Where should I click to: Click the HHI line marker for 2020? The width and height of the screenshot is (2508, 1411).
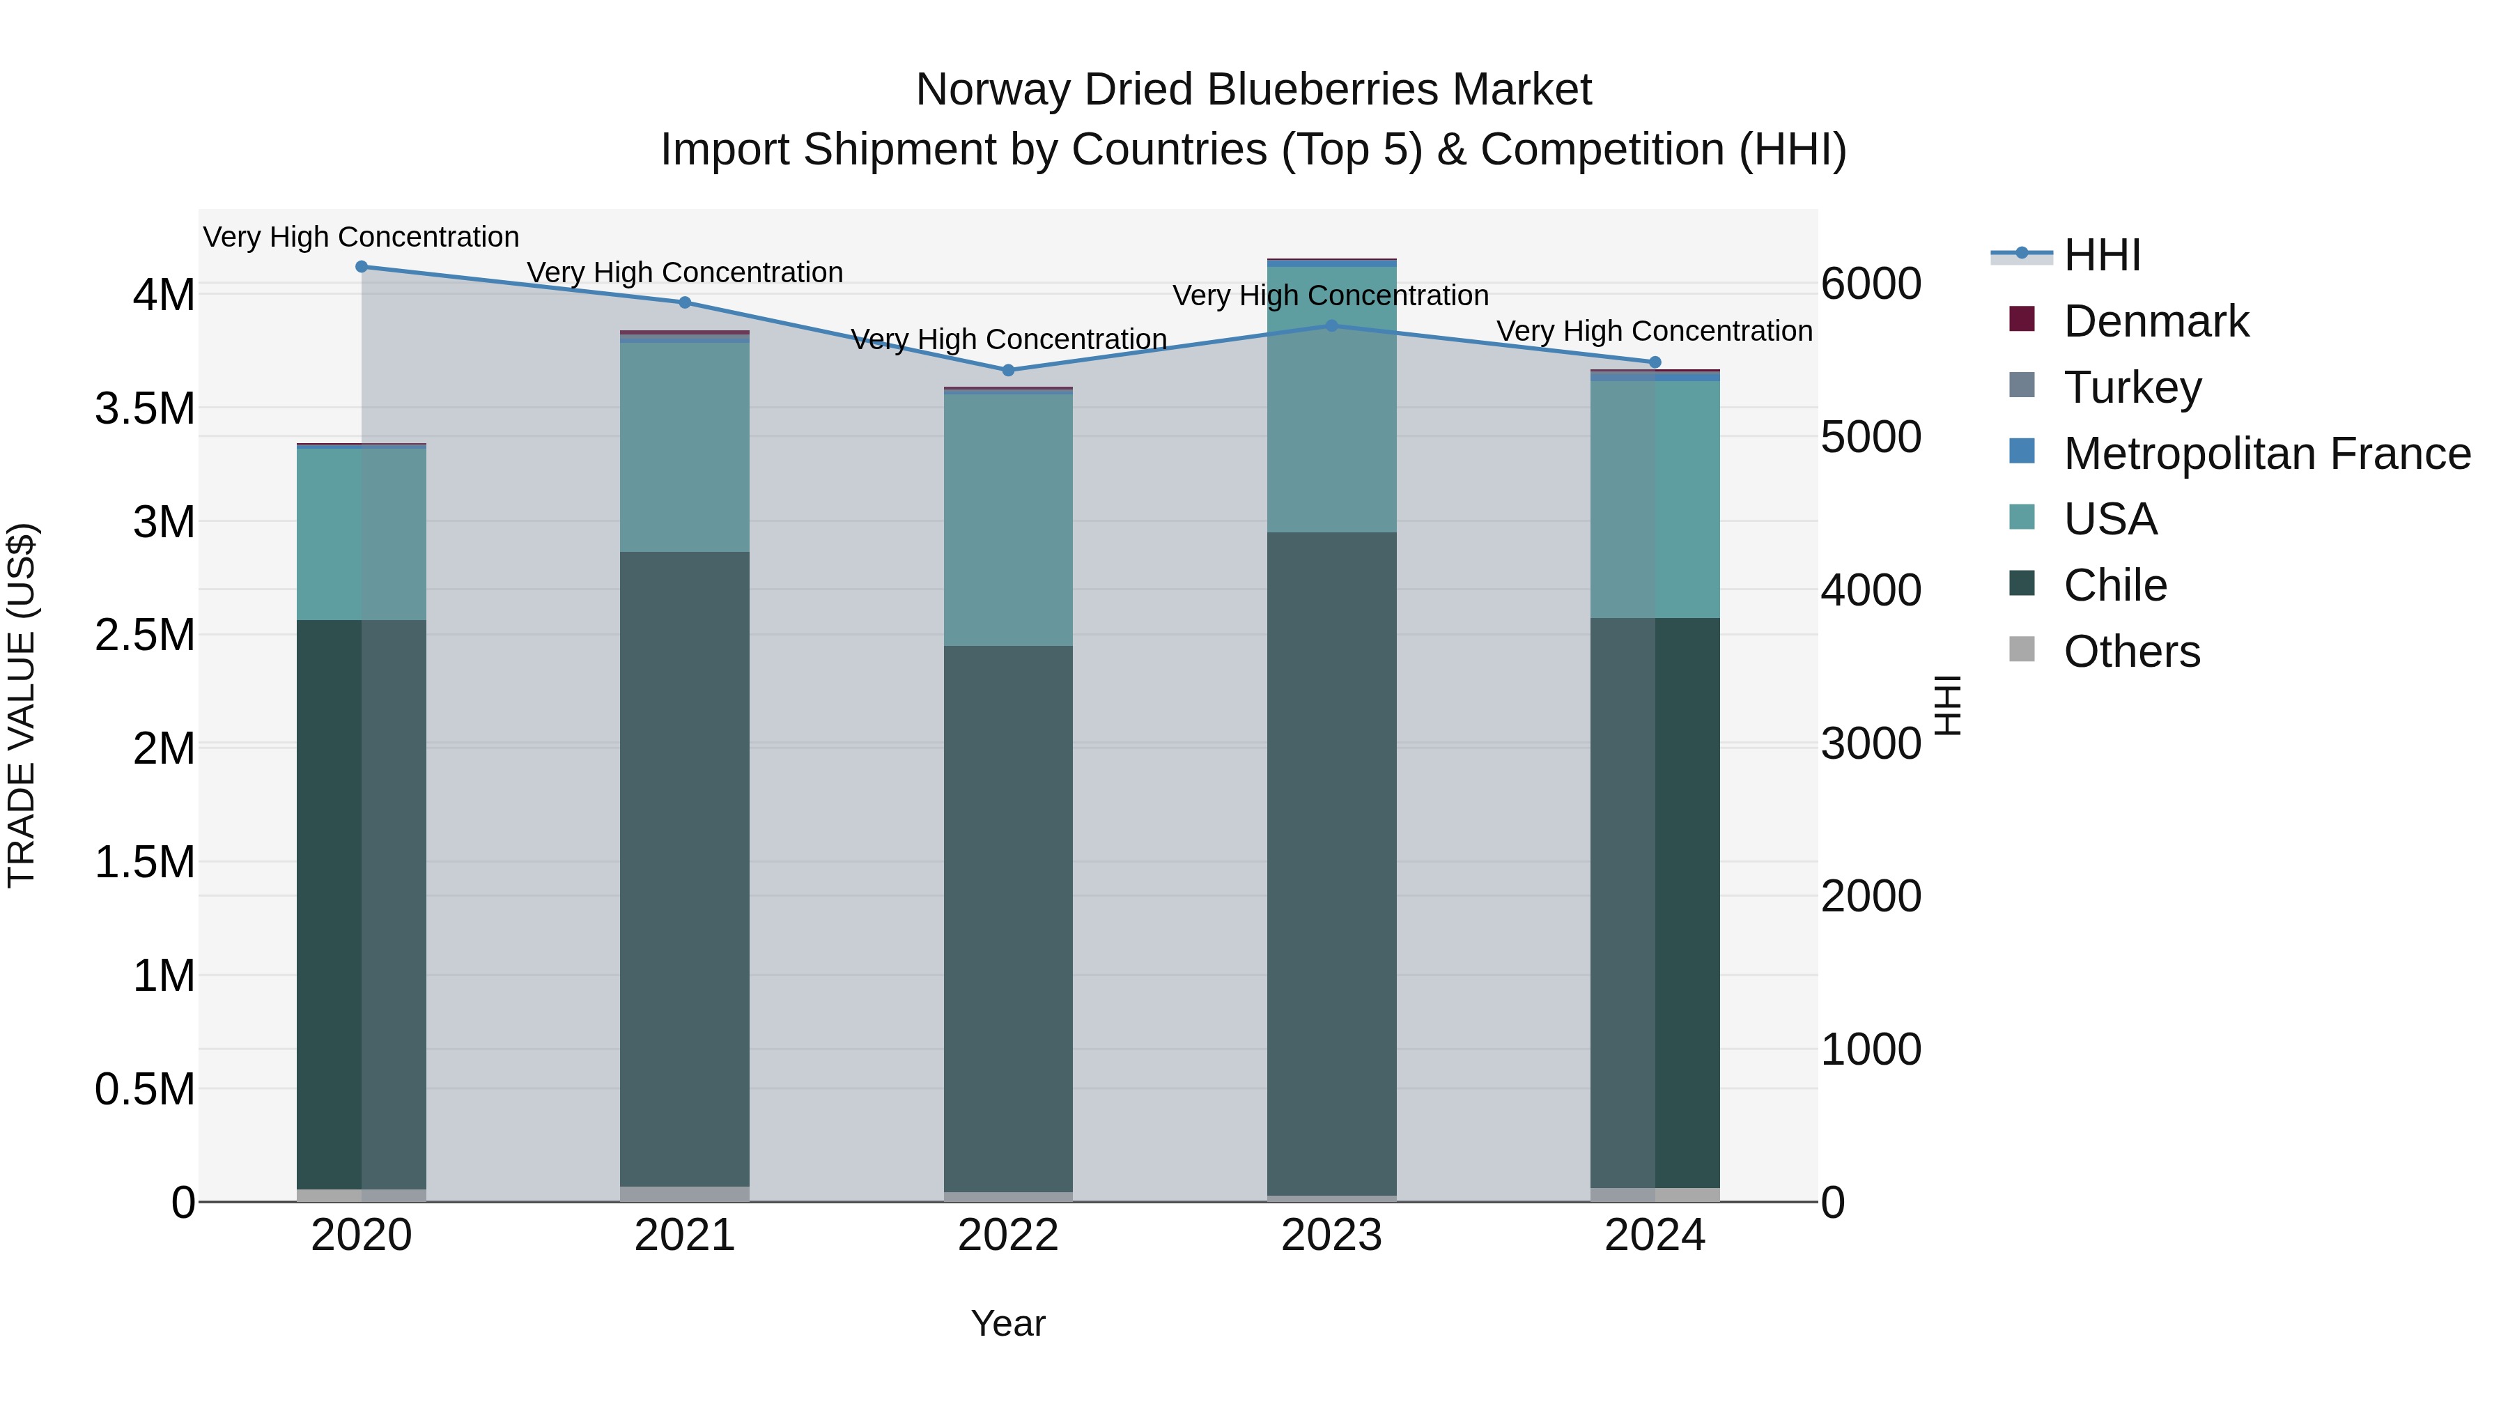click(361, 266)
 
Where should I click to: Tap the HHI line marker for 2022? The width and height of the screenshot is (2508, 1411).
click(1007, 370)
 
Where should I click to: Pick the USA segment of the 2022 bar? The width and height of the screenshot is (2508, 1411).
click(1007, 519)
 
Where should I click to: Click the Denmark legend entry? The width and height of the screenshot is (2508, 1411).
click(2155, 321)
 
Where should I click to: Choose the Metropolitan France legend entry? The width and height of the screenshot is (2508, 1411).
click(2266, 454)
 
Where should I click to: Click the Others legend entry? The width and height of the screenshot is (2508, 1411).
click(2131, 651)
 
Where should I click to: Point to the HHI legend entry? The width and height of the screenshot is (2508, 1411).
click(2101, 255)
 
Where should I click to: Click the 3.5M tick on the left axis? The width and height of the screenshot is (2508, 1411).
click(145, 408)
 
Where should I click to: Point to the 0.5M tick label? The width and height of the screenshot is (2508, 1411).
click(145, 1088)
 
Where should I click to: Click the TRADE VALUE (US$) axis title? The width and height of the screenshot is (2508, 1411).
click(22, 705)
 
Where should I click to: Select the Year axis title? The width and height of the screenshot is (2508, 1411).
click(1007, 1323)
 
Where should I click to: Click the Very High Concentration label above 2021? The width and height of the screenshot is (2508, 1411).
click(684, 272)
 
